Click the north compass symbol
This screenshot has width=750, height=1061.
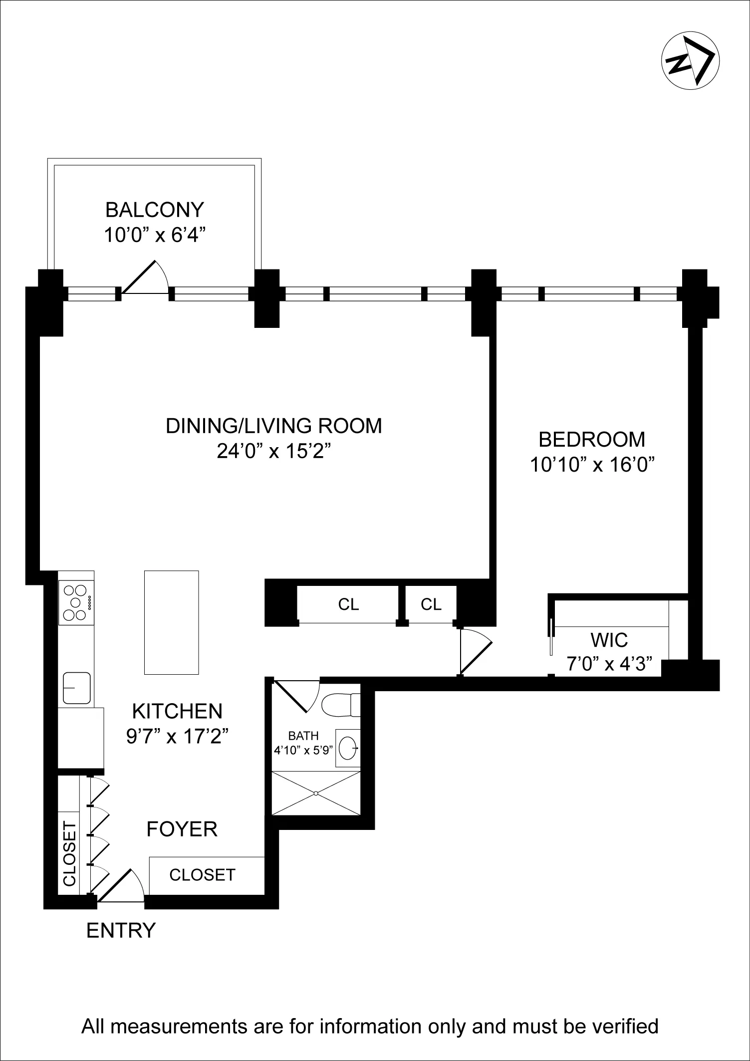tap(690, 61)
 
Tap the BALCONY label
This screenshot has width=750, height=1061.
tap(155, 210)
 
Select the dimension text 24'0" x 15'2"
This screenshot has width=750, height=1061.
tap(274, 451)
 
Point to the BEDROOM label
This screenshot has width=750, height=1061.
tap(592, 439)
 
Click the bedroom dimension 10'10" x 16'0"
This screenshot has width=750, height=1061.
tap(592, 465)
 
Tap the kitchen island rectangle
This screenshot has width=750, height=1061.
tap(171, 622)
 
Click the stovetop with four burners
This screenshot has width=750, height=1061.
tap(76, 602)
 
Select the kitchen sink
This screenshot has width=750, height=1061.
tap(77, 688)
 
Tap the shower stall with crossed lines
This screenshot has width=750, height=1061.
tap(316, 793)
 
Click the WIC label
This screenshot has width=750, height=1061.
tap(609, 640)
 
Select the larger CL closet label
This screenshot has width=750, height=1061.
tap(348, 604)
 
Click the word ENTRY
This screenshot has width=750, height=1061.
tap(121, 931)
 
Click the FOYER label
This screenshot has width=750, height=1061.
tap(182, 829)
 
